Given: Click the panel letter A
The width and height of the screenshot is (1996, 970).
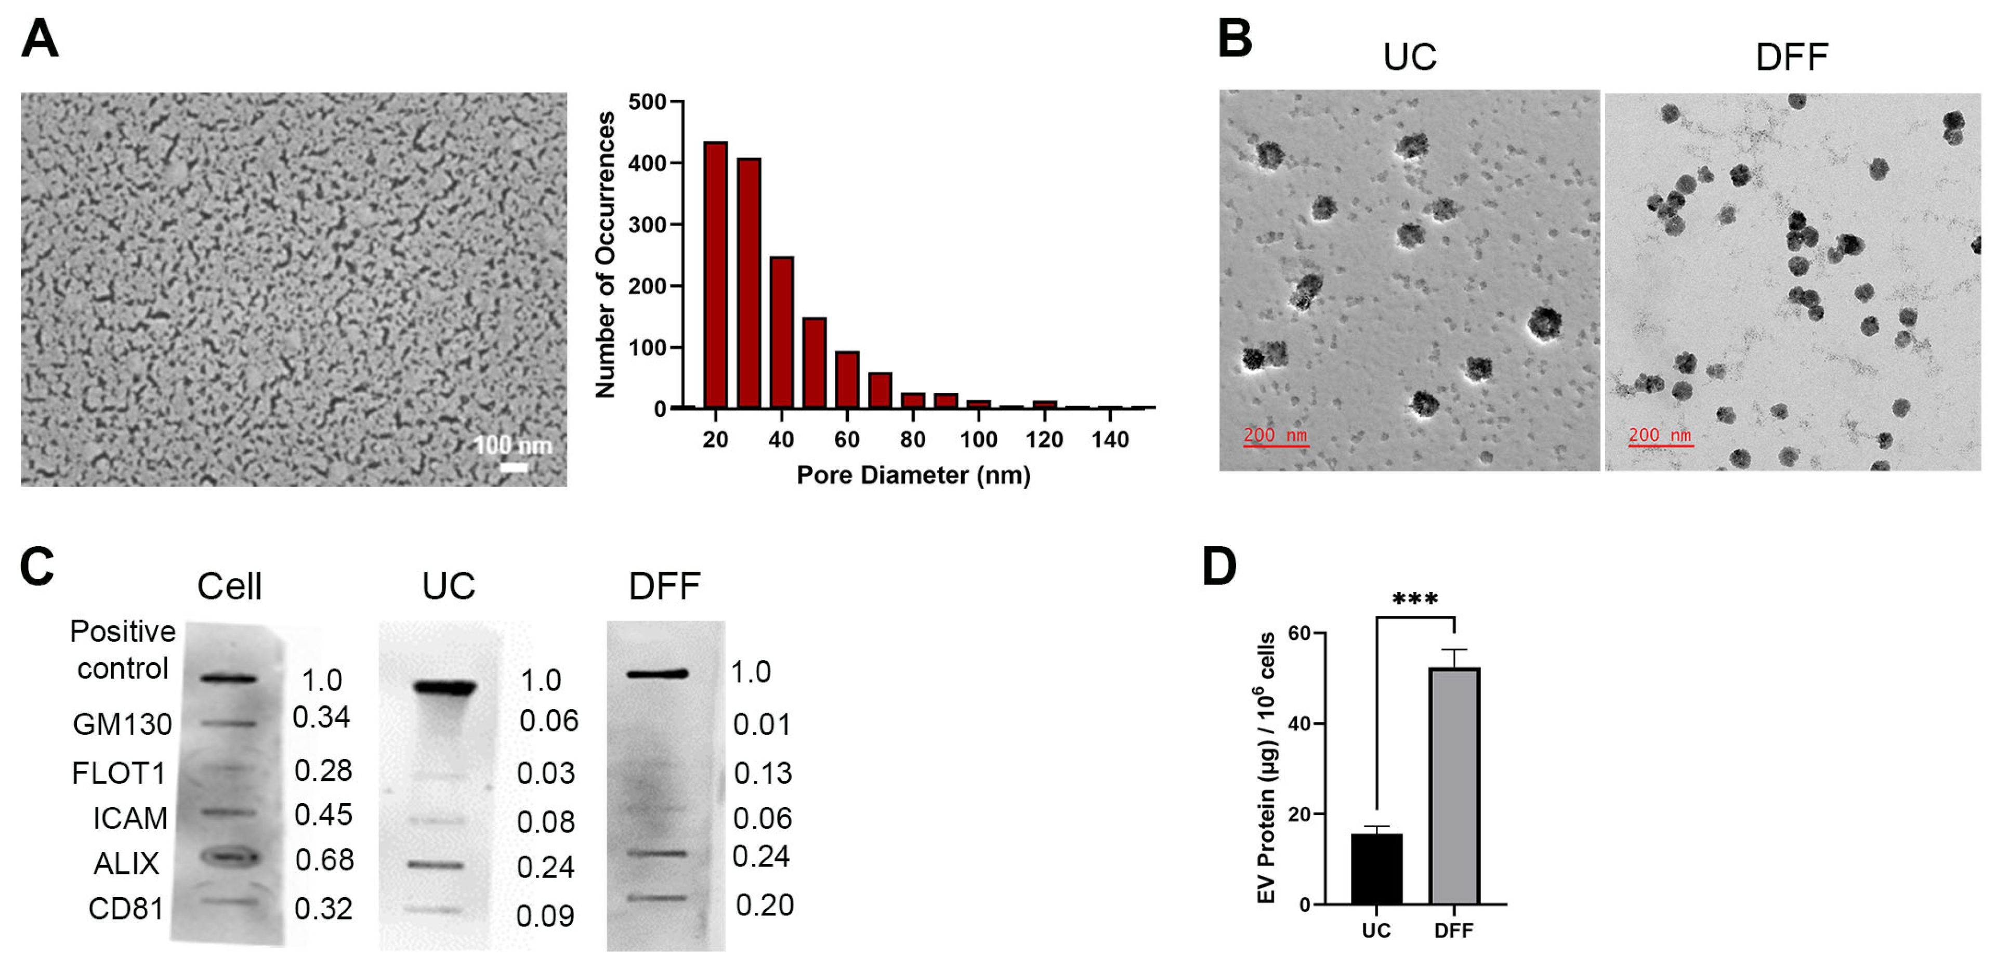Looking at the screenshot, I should (x=39, y=39).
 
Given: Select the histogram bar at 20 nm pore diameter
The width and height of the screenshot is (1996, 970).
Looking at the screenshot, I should (x=715, y=275).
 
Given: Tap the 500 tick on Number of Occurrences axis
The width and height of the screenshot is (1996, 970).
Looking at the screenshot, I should (x=648, y=102).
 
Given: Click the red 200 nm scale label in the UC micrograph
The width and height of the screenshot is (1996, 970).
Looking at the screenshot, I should (x=1276, y=435).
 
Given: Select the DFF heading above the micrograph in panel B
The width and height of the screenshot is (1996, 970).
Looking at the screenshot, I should (x=1791, y=57).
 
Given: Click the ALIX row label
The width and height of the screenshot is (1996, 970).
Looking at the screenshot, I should (x=126, y=863).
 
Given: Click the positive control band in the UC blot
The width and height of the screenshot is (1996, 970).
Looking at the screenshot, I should (x=444, y=687).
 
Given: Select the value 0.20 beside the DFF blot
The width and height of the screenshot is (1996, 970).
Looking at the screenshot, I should (x=764, y=905).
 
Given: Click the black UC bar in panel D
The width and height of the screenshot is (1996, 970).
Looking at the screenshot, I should (x=1376, y=869).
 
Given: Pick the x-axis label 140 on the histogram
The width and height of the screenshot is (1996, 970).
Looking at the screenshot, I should (x=1110, y=440).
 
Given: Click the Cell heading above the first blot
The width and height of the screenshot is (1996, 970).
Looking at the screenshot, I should (x=229, y=586).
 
